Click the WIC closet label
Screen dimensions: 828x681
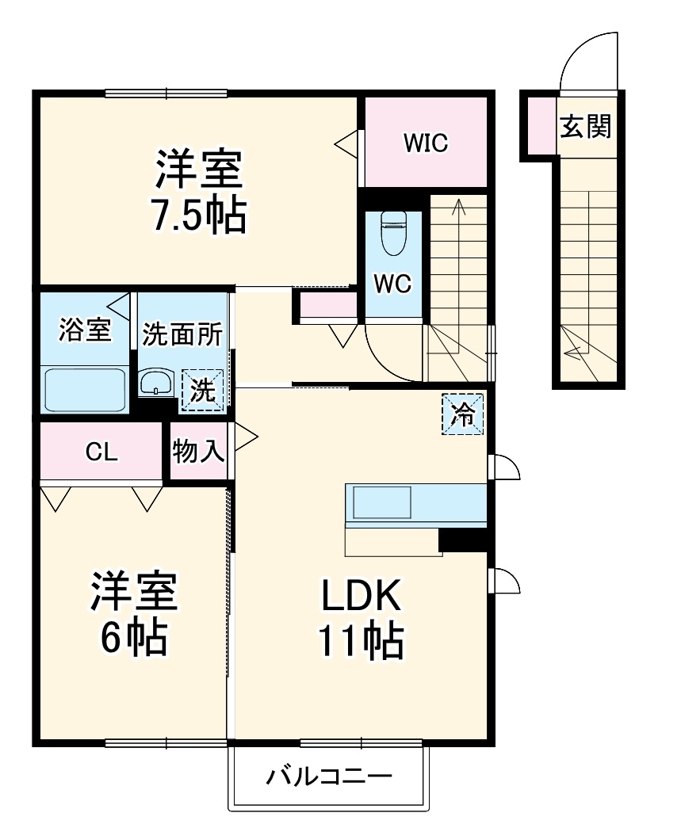(x=425, y=143)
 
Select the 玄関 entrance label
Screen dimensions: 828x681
(x=586, y=126)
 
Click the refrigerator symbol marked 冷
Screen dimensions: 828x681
(x=462, y=414)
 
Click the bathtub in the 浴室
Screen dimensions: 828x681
(x=85, y=389)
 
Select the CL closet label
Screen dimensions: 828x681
(x=101, y=452)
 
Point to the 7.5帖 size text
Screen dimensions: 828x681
(x=198, y=214)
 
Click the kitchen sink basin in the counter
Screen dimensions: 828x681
(x=382, y=502)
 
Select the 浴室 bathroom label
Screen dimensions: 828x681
(x=84, y=330)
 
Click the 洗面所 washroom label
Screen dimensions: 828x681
(x=182, y=334)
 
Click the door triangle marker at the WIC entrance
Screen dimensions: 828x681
(x=347, y=143)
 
